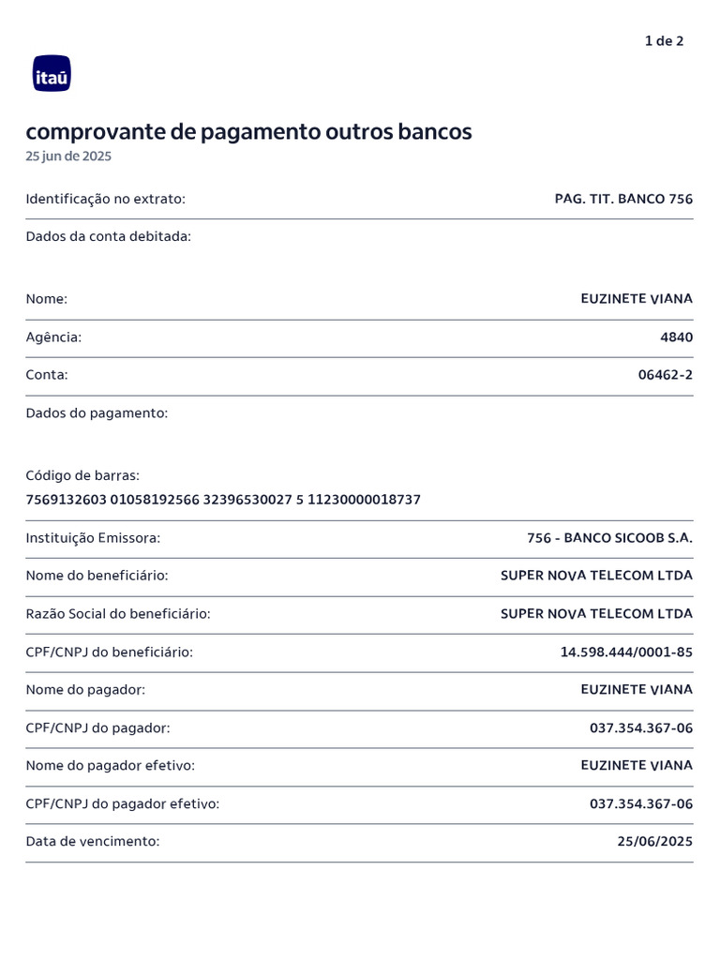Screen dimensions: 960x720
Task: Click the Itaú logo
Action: [52, 73]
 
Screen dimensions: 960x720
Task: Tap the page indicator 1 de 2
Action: [664, 40]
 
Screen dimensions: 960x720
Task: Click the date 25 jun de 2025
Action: [68, 157]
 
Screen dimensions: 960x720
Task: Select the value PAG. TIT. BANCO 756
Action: [623, 199]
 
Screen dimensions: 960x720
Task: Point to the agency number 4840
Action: [677, 337]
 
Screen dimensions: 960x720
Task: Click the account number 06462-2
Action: [666, 375]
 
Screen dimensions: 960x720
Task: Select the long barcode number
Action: [223, 500]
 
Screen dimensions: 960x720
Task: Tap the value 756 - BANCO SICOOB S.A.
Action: [609, 538]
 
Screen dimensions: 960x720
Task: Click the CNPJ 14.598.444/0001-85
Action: [626, 652]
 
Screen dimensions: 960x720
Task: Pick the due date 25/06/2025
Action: [654, 842]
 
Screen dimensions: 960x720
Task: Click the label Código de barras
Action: [82, 475]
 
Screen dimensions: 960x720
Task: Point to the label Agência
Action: [53, 337]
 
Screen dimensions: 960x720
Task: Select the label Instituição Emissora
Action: [93, 538]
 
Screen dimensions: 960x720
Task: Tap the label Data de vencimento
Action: [93, 842]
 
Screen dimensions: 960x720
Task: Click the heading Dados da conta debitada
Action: [108, 236]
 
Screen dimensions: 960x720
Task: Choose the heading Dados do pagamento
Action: [97, 412]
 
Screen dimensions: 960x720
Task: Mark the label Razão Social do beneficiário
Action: [118, 614]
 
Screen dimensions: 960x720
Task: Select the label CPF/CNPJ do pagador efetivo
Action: [122, 803]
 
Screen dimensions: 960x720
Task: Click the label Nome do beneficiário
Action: [97, 576]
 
